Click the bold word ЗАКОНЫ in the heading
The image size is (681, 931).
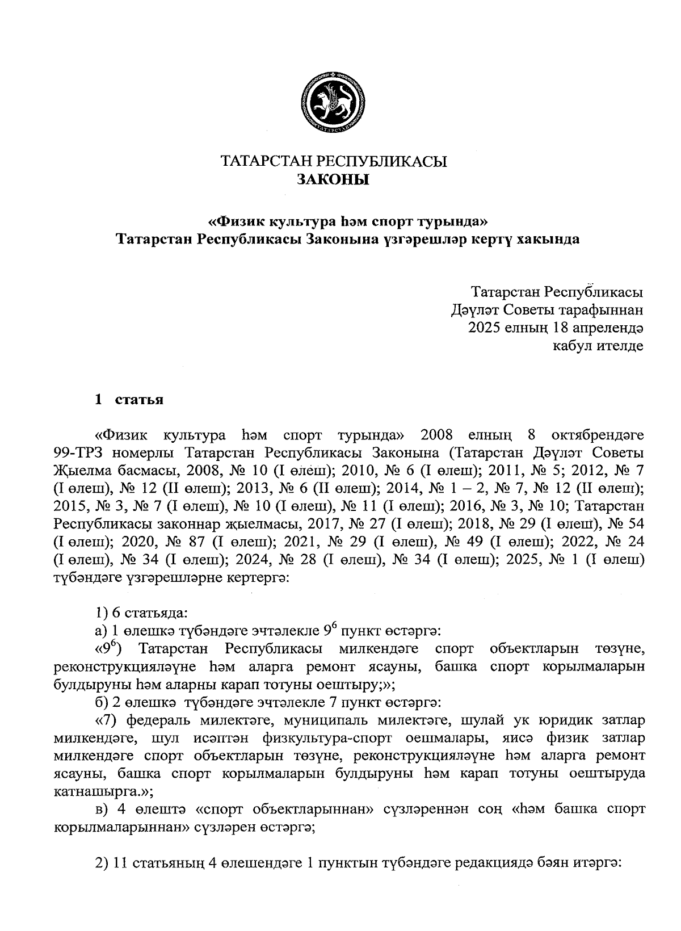[333, 180]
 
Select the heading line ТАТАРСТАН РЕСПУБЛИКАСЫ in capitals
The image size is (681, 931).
[333, 161]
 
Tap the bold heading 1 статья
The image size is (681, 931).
[129, 400]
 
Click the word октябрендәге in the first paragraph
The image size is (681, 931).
[600, 435]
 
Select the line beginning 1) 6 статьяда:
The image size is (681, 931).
[141, 613]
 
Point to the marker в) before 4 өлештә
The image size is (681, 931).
[101, 810]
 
